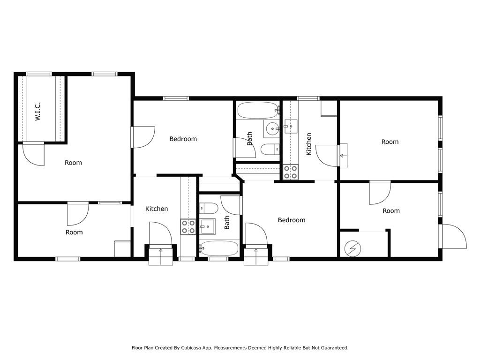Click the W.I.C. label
37,112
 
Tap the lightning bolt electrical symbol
352,248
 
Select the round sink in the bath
271,129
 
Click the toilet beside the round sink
270,150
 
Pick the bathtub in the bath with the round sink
258,110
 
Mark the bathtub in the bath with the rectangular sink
218,248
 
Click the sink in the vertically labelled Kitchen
291,127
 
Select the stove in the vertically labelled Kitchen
290,172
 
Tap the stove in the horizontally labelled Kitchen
188,227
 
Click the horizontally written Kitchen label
157,209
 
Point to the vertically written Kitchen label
308,144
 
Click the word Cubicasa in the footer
193,348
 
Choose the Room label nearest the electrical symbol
391,211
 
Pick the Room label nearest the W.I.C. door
73,163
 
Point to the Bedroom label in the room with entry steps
292,220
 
